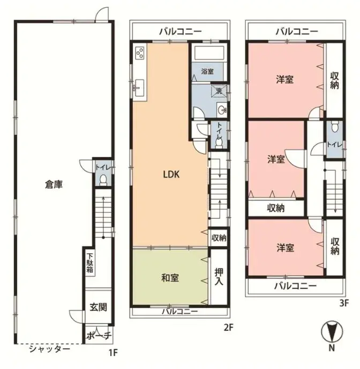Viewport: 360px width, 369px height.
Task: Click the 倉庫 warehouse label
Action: (x=54, y=185)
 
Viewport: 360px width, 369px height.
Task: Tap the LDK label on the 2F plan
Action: (x=171, y=174)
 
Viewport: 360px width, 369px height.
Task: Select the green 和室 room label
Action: (x=170, y=278)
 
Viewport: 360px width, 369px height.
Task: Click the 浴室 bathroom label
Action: (x=207, y=71)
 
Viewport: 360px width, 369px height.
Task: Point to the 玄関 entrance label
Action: (x=98, y=307)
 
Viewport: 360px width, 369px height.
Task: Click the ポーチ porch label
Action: (x=98, y=336)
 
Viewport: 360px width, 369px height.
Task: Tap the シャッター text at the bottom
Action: (x=49, y=349)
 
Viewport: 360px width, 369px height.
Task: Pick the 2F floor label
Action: (x=228, y=327)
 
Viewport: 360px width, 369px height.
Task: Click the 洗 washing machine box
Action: (x=218, y=91)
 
